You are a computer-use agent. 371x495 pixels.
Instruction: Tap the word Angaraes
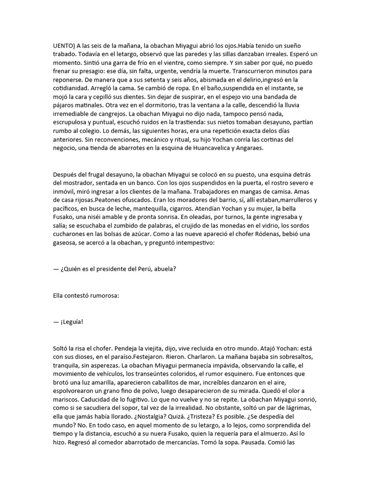248,148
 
